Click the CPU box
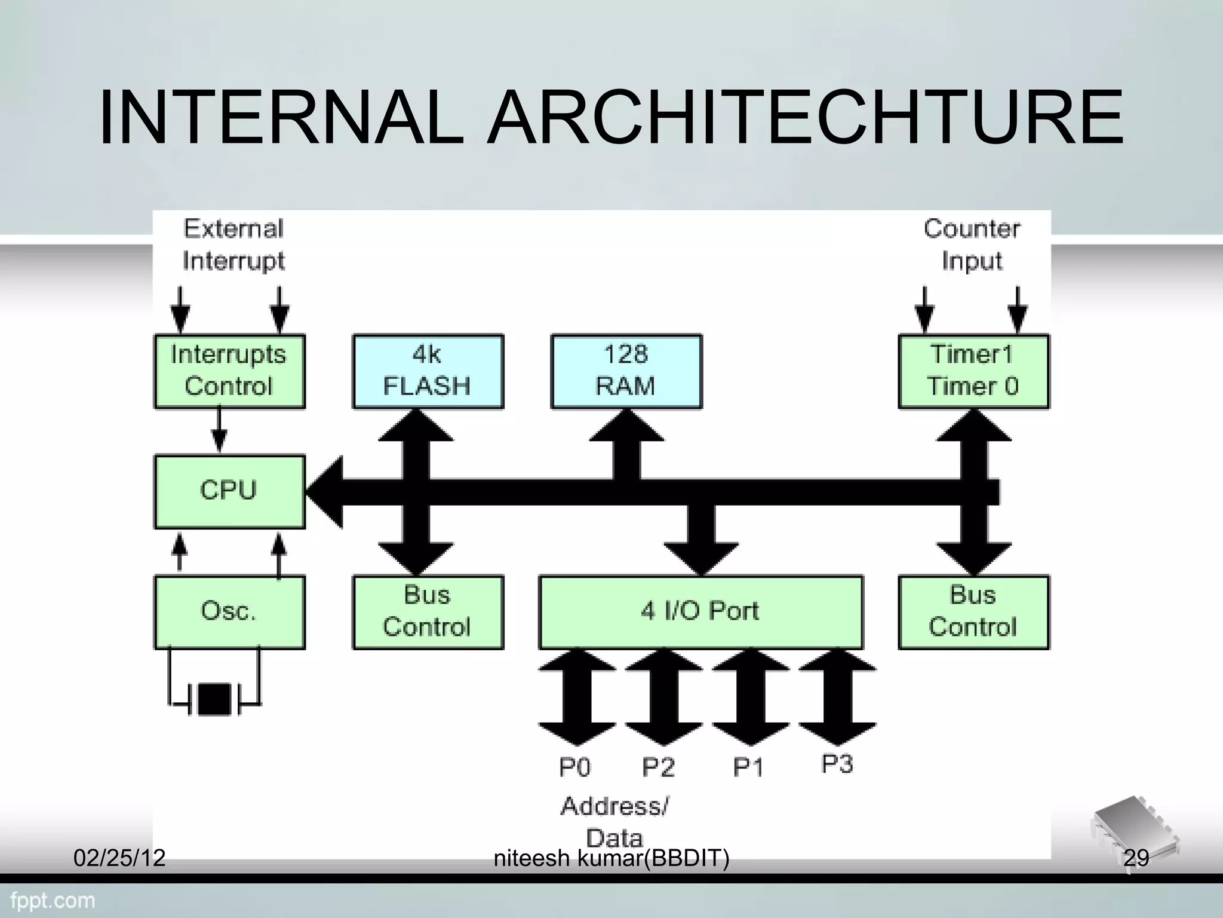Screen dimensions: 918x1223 coord(229,491)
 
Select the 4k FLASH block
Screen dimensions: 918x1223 coord(428,371)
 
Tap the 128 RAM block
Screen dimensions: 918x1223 coord(626,371)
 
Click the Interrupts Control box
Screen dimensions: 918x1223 coord(229,371)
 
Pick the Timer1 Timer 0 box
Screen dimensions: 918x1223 coord(973,371)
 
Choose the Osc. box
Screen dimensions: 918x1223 coord(229,612)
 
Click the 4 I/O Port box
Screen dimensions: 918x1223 coord(700,612)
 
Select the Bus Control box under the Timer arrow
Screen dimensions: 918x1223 coord(973,612)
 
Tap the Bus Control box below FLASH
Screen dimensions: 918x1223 coord(428,612)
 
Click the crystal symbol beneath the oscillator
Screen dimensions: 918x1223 coord(214,699)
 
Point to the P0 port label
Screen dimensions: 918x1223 coord(574,767)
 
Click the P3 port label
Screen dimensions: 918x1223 coord(837,764)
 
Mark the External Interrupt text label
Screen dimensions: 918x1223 coord(233,245)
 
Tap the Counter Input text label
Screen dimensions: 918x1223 coord(972,245)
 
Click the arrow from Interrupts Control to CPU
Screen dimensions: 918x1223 coord(219,430)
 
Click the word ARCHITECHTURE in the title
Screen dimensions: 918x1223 coord(805,118)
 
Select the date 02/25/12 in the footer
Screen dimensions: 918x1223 coord(119,858)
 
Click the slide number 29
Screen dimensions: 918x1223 coord(1136,858)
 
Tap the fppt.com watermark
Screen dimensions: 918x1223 coord(53,900)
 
